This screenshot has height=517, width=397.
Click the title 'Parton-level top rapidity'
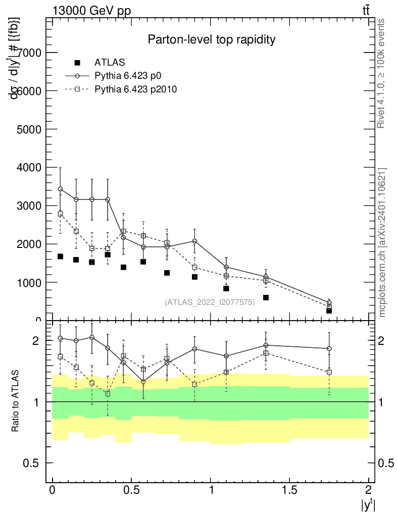(211, 39)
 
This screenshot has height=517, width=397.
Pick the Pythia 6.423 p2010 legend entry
(136, 89)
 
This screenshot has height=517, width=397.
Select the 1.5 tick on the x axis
(289, 490)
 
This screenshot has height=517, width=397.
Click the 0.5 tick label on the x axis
(131, 490)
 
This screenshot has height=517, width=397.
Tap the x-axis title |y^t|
(367, 505)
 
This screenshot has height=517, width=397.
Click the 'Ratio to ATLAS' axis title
(16, 402)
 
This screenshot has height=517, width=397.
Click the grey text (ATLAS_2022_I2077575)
(210, 302)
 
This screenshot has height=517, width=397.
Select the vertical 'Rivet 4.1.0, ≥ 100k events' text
(382, 74)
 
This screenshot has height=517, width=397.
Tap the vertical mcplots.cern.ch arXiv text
(382, 242)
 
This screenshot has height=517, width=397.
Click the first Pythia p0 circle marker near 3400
(60, 189)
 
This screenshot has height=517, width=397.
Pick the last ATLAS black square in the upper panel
(329, 311)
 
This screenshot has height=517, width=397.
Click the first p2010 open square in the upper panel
(60, 214)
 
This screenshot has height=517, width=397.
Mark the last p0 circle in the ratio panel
(329, 348)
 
